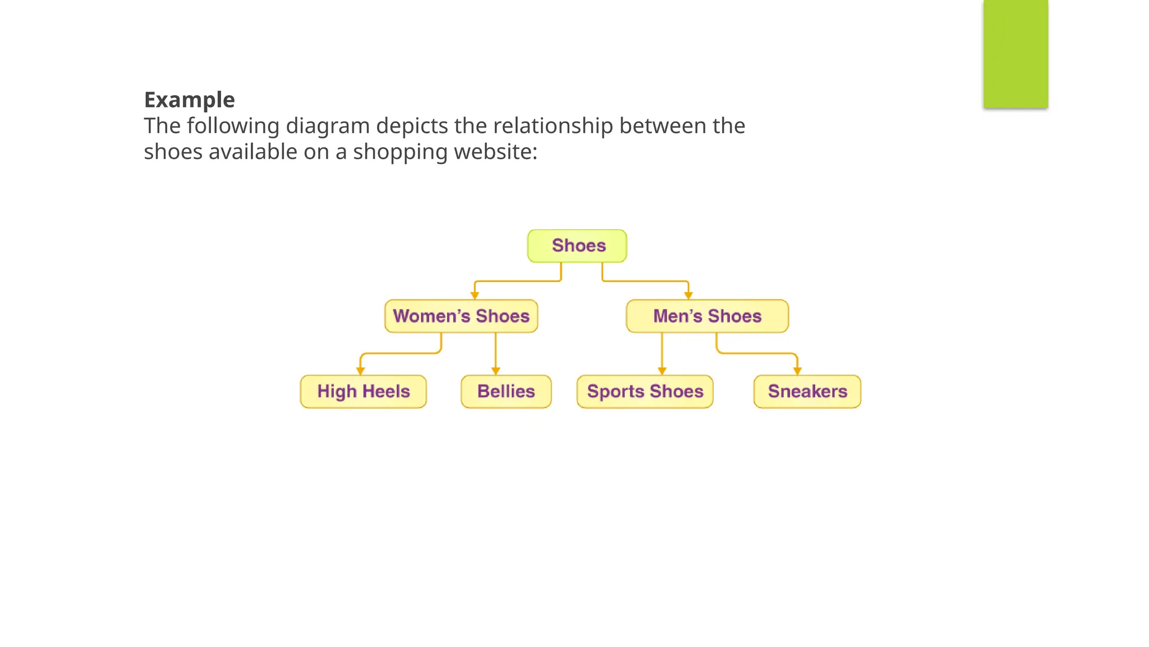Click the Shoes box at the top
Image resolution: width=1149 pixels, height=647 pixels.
(x=577, y=246)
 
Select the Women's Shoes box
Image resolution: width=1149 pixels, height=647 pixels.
(x=461, y=316)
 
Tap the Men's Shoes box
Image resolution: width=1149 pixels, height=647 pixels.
(x=707, y=316)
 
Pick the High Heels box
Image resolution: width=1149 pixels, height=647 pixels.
(x=363, y=391)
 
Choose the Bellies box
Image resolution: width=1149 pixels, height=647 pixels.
(x=506, y=391)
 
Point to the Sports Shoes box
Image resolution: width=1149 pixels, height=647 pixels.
(x=645, y=391)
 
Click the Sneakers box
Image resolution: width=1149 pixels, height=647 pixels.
(x=807, y=391)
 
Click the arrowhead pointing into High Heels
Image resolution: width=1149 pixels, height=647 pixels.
(x=361, y=371)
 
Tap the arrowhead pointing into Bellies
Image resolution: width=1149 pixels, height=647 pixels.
(x=495, y=371)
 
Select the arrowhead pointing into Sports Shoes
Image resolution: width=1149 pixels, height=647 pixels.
(x=662, y=371)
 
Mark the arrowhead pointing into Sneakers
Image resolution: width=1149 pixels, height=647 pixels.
(x=797, y=371)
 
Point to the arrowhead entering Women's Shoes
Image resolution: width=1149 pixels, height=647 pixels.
(x=475, y=295)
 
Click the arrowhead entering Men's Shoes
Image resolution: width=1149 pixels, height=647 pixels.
(x=688, y=295)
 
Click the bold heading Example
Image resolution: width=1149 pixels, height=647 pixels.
(x=190, y=100)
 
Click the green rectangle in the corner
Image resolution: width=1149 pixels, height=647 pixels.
(x=1015, y=53)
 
